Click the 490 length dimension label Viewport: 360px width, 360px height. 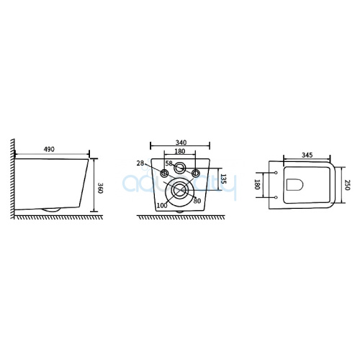tap(50, 150)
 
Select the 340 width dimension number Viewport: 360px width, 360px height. tap(181, 143)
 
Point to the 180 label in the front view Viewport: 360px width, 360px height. tap(180, 152)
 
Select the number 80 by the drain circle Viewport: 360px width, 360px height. tap(195, 201)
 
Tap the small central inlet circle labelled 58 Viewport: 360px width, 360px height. tap(179, 170)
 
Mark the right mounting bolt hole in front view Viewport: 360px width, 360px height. tap(194, 174)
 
